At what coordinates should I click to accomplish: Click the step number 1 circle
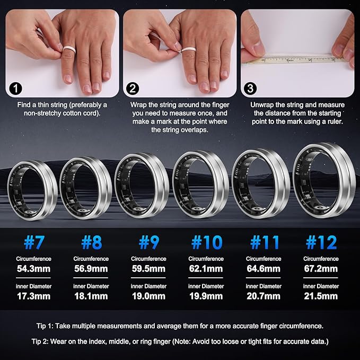(x=15, y=89)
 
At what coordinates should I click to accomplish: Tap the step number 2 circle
(x=133, y=89)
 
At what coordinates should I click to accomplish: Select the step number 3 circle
(x=250, y=89)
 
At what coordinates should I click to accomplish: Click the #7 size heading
(x=33, y=242)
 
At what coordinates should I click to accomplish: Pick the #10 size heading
(x=207, y=242)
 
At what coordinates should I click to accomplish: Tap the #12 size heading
(x=321, y=242)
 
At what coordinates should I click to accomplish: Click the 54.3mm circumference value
(x=33, y=269)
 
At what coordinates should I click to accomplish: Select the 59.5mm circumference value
(x=148, y=269)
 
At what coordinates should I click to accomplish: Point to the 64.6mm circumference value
(x=264, y=269)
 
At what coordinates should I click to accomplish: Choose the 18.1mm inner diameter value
(x=91, y=296)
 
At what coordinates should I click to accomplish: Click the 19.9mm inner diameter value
(x=206, y=296)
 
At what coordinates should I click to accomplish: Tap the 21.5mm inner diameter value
(x=321, y=296)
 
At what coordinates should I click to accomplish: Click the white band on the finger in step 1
(x=68, y=50)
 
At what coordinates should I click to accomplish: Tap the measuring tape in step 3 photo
(x=298, y=59)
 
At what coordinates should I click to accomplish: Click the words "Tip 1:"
(x=45, y=326)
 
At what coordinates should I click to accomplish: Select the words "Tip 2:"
(x=40, y=341)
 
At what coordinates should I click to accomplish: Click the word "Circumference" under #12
(x=321, y=259)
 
